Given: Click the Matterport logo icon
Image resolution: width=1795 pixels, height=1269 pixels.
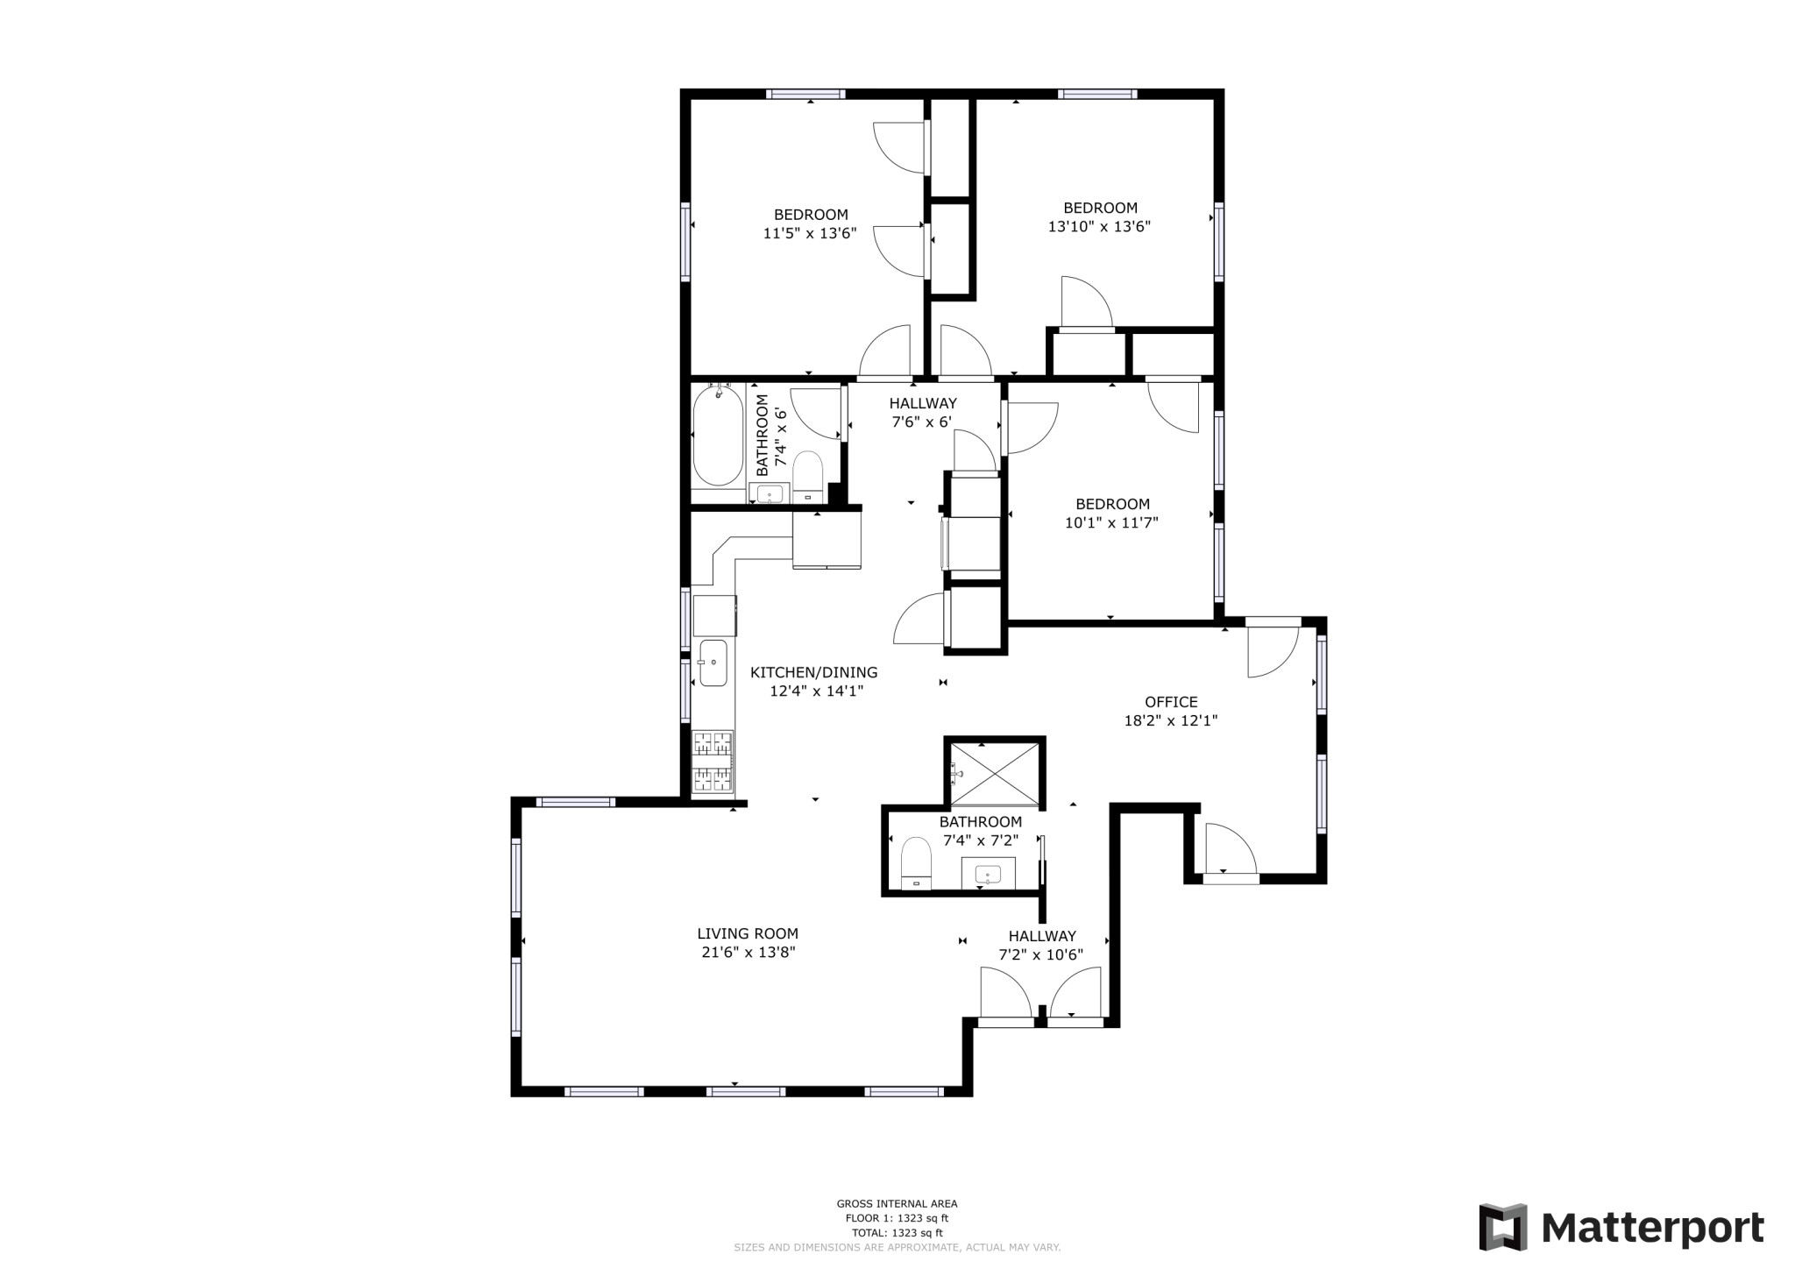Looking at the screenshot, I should [x=1503, y=1227].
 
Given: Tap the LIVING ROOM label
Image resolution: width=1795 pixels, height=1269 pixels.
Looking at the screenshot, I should [x=748, y=934].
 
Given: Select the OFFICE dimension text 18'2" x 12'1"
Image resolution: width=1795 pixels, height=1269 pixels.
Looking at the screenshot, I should [x=1171, y=721].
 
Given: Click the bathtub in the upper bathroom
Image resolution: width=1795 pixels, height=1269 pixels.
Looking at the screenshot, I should [x=718, y=436].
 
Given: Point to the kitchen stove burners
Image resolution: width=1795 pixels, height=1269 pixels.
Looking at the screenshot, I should [x=712, y=762].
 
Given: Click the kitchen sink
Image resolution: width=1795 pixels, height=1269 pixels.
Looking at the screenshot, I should [x=713, y=663].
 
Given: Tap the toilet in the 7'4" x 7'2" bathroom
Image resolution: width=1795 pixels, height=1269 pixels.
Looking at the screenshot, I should [x=916, y=862].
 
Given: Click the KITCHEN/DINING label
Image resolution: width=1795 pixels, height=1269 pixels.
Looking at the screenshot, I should [x=813, y=673].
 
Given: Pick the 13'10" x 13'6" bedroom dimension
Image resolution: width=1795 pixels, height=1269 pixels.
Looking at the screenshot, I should [x=1099, y=227].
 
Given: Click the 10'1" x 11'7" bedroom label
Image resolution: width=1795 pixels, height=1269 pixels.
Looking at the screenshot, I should [x=1112, y=504].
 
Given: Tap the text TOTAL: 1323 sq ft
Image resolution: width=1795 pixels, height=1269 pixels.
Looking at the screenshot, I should [x=897, y=1232].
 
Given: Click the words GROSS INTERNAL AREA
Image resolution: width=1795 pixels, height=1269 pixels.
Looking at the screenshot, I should [x=897, y=1204].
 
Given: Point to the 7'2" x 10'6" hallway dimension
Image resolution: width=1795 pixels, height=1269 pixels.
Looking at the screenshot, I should [x=1041, y=955].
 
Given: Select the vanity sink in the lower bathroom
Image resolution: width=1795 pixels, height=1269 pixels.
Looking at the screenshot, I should [x=989, y=874].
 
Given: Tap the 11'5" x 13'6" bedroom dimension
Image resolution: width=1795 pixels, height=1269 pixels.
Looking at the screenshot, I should [x=809, y=233].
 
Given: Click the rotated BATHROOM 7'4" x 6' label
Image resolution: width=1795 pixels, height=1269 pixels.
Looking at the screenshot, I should [x=770, y=436].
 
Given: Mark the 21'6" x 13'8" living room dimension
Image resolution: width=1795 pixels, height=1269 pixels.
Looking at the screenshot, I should [x=748, y=953].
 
